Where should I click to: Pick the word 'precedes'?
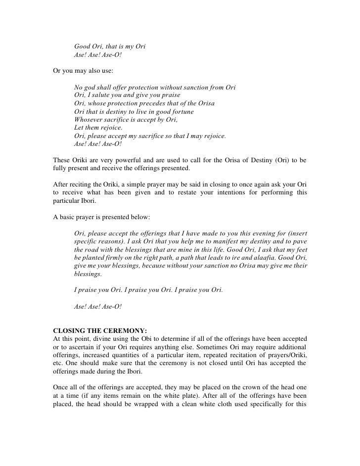coord(146,103)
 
